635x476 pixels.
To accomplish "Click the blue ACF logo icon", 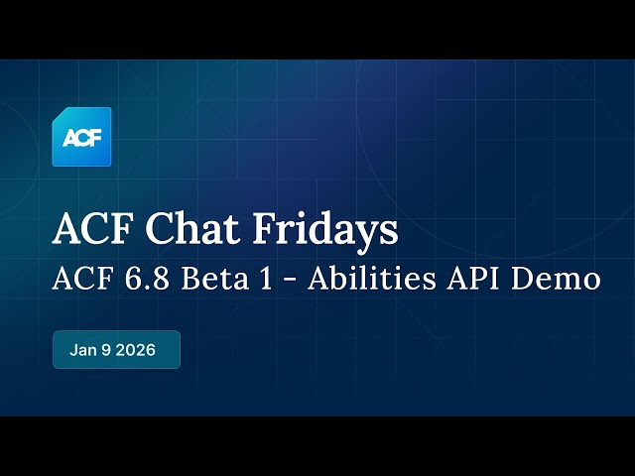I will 81,137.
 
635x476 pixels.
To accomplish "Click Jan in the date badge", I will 83,350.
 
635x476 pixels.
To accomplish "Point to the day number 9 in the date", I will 106,350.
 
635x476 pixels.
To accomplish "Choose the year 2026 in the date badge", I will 136,350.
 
